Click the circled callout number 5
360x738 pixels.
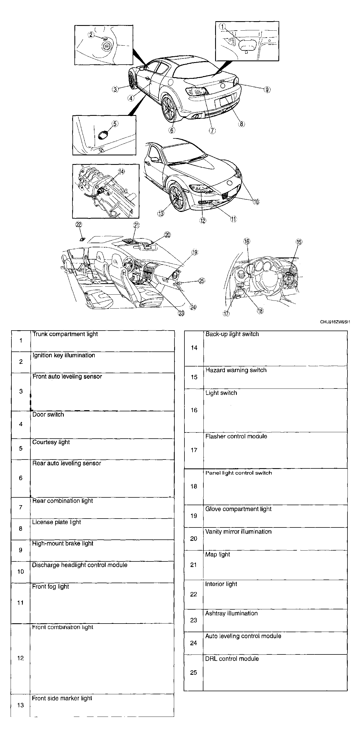115,124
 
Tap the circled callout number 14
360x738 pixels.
121,172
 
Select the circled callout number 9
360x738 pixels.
267,90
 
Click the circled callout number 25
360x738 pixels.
202,281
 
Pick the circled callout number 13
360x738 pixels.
161,213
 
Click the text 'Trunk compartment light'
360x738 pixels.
65,334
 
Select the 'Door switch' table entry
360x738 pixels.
48,415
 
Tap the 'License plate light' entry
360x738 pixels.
57,522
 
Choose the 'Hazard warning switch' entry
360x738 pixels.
236,370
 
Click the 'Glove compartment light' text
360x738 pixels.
238,509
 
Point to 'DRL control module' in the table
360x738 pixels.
232,659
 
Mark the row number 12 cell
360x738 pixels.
20,658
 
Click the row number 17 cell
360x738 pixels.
194,450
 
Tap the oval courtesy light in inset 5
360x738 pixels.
103,135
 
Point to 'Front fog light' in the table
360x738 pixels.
50,587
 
